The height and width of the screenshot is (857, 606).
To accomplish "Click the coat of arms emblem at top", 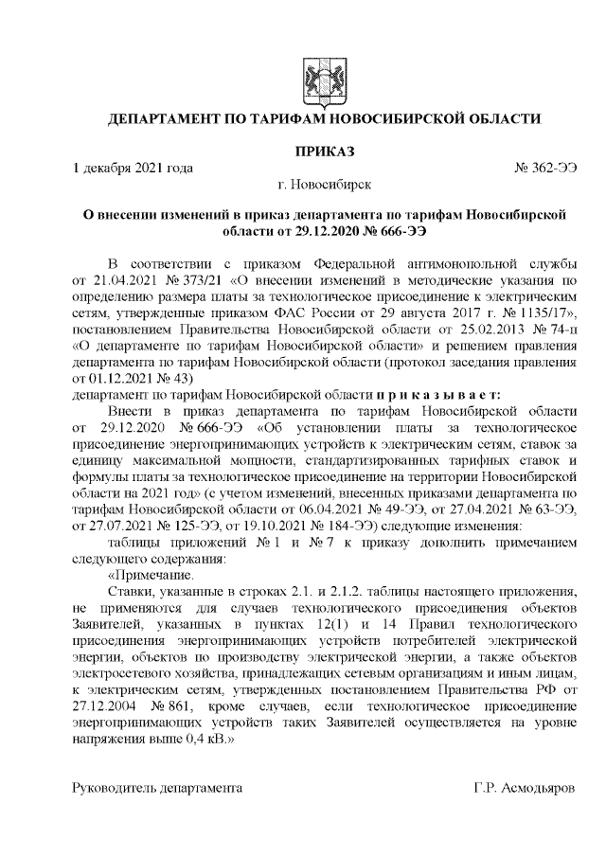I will pyautogui.click(x=314, y=77).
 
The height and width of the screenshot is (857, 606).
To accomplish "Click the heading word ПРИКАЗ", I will pyautogui.click(x=324, y=152).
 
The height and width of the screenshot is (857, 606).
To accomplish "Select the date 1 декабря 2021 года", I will pyautogui.click(x=134, y=168).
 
